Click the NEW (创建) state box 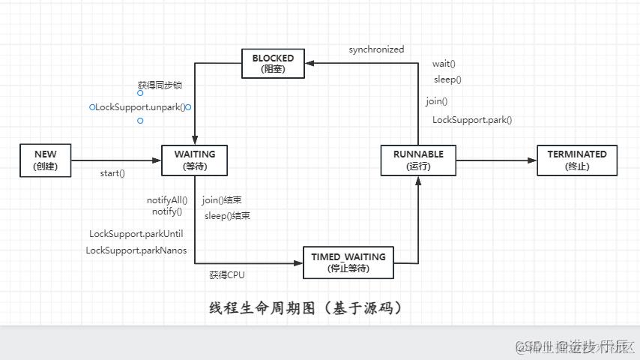(45, 160)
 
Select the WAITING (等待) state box (195, 160)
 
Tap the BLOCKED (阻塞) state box (273, 63)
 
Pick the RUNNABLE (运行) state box (418, 160)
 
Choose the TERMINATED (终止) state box (577, 160)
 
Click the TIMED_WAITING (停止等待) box (348, 262)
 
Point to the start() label (112, 174)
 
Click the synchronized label (376, 49)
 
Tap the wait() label (444, 64)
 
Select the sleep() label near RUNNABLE (447, 79)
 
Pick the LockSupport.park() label (472, 120)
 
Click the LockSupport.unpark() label (140, 107)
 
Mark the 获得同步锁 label (160, 85)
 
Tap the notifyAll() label (167, 199)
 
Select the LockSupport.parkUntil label (136, 234)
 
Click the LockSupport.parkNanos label (136, 250)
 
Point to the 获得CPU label (226, 275)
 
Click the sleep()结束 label (227, 216)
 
